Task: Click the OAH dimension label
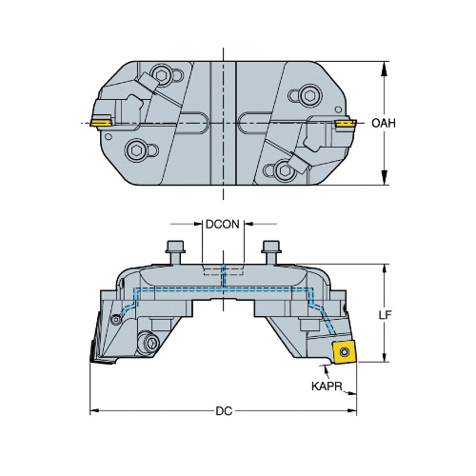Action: (384, 123)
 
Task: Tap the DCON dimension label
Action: (223, 225)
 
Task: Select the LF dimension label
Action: (386, 314)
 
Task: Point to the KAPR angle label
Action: (327, 387)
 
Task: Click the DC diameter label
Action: (224, 411)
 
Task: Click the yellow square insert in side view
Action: (344, 351)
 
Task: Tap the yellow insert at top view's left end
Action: (101, 122)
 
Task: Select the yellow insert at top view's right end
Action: (345, 123)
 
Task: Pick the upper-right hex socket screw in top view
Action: (309, 94)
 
